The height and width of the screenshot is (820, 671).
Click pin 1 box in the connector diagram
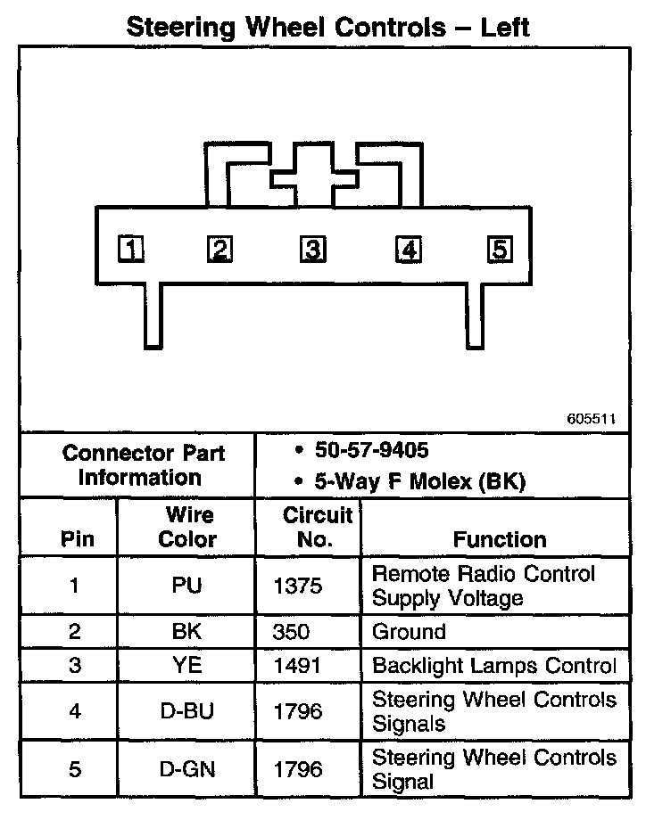pyautogui.click(x=132, y=250)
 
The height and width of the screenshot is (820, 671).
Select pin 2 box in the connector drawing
pyautogui.click(x=219, y=250)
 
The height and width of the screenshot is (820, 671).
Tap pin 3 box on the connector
pyautogui.click(x=311, y=250)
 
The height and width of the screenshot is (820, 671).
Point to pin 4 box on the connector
pyautogui.click(x=409, y=250)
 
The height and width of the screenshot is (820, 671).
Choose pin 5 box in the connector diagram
pyautogui.click(x=500, y=250)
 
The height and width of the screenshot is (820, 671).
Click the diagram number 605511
pyautogui.click(x=590, y=417)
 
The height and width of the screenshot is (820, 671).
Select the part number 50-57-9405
pyautogui.click(x=376, y=449)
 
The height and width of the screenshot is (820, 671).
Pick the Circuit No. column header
pyautogui.click(x=308, y=527)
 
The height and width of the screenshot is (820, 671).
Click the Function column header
pyautogui.click(x=500, y=539)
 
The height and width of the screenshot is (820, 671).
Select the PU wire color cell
pyautogui.click(x=187, y=586)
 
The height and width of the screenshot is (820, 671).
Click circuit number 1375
pyautogui.click(x=299, y=586)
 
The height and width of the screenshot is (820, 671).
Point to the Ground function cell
pyautogui.click(x=409, y=632)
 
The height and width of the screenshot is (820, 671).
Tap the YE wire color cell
pyautogui.click(x=187, y=666)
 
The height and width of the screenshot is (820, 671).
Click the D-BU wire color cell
pyautogui.click(x=187, y=710)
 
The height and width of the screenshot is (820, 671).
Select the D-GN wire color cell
pyautogui.click(x=187, y=769)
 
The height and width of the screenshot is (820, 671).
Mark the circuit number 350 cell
pyautogui.click(x=292, y=632)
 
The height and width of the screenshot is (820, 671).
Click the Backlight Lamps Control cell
pyautogui.click(x=494, y=666)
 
